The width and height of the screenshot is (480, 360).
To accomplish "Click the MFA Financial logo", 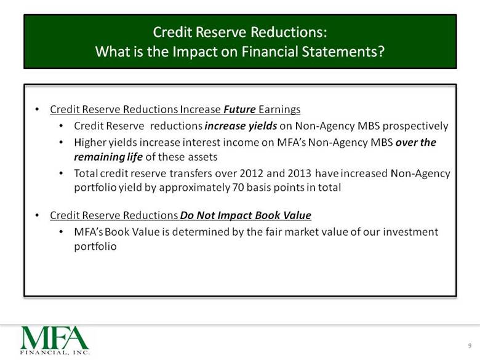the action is (55, 340).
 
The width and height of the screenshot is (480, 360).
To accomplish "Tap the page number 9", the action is (470, 346).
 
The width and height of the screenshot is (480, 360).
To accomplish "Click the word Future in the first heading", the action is (239, 110).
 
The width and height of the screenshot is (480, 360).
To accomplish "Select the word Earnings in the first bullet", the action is (279, 110).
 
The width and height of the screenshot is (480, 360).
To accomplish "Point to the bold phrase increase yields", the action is (241, 126).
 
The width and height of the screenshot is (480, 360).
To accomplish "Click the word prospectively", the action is (415, 126).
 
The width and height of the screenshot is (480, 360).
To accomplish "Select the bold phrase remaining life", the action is (108, 157).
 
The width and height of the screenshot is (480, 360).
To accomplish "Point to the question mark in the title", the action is (381, 52).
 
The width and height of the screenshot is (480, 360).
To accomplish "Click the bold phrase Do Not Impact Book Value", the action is (246, 215).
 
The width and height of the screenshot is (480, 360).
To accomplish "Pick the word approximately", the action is (194, 188).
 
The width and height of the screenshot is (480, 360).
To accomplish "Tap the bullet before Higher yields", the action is (62, 142).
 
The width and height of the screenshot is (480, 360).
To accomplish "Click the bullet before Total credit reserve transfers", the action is (62, 174).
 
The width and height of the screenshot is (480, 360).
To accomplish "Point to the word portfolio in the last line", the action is (95, 246).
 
